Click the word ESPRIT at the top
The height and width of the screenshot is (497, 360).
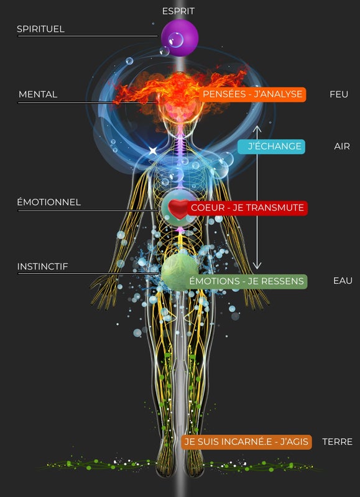point(178,11)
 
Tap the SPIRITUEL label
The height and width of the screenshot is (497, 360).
point(40,29)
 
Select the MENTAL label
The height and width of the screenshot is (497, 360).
point(38,94)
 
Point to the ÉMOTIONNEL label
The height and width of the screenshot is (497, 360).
point(49,202)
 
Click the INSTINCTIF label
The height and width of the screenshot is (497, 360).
point(42,267)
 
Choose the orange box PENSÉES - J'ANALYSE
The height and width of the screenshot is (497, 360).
point(252,94)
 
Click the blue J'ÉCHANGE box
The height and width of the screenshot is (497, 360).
point(272,147)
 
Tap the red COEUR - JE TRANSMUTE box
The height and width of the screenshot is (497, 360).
point(247,207)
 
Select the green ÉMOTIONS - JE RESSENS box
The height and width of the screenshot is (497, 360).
point(246,281)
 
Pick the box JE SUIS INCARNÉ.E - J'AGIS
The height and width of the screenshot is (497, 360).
point(246,442)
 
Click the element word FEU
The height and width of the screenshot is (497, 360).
point(339,94)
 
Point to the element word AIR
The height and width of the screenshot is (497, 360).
point(342,147)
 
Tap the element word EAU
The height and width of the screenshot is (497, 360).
point(343,281)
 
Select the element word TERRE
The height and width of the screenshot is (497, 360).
point(337,442)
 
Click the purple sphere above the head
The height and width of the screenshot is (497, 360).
point(180,38)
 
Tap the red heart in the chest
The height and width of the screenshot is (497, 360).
point(178,209)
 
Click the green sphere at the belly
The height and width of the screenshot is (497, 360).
point(180,272)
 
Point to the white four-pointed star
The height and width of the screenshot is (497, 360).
point(153,151)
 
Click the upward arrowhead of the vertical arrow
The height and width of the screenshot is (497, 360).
point(257,129)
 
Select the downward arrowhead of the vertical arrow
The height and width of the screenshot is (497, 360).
point(257,266)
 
